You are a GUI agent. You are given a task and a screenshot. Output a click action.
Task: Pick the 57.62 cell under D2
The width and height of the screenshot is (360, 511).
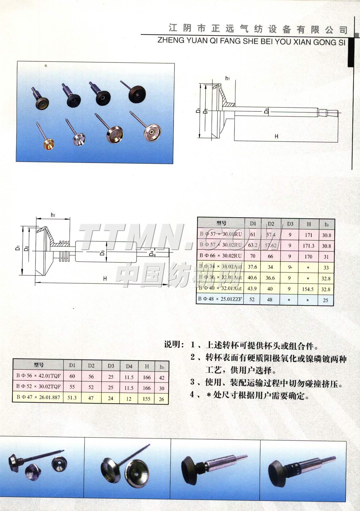point(270,245)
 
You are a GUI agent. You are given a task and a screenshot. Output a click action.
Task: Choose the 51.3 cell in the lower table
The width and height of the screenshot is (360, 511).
point(72,398)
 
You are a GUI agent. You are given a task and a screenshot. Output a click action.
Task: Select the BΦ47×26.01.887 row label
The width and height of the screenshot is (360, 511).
point(38,398)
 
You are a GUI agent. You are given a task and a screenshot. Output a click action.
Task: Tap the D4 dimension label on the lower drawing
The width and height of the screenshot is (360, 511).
point(151,254)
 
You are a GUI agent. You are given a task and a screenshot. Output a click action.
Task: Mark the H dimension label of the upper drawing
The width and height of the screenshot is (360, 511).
point(276,136)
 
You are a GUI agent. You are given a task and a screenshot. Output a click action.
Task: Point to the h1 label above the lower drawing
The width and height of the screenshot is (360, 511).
point(53,215)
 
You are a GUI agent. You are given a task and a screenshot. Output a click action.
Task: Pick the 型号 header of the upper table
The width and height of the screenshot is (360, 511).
point(221,223)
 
